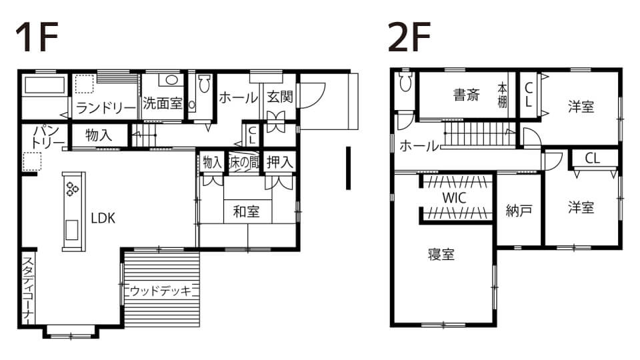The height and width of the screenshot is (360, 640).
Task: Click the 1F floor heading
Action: (x=37, y=37)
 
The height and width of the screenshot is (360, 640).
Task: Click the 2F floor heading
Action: (x=409, y=37)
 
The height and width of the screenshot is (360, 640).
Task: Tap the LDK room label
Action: (x=103, y=219)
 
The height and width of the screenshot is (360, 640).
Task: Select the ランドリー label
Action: (x=106, y=108)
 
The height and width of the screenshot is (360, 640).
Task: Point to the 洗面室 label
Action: (x=163, y=103)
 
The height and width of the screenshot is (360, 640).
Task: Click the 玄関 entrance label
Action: (x=280, y=97)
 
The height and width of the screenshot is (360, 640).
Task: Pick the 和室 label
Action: (x=246, y=211)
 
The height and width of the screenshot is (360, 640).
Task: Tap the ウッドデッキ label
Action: (x=161, y=291)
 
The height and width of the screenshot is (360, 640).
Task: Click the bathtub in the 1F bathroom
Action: (x=45, y=85)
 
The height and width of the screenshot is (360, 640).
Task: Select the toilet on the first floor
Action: (x=204, y=84)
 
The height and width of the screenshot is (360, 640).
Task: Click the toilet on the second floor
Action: (x=405, y=81)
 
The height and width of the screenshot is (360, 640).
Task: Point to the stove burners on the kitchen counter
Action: (x=73, y=189)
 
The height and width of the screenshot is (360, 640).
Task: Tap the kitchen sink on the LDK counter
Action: (x=72, y=230)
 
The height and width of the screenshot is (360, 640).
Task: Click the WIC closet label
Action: (x=454, y=198)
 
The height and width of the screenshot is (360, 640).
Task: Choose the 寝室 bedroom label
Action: (x=441, y=254)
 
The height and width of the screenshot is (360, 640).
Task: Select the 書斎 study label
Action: (x=467, y=95)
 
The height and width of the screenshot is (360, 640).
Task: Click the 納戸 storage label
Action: (x=519, y=211)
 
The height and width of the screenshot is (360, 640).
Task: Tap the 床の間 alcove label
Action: (x=244, y=163)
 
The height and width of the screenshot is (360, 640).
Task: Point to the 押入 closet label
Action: (x=280, y=163)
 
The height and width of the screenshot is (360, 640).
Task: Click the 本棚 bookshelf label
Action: (x=503, y=95)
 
